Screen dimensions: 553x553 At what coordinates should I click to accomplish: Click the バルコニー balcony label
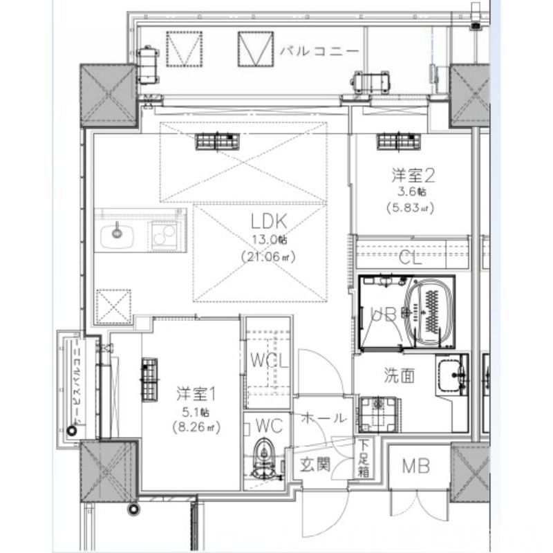tap(319, 51)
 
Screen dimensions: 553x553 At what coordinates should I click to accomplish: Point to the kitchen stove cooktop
tap(164, 236)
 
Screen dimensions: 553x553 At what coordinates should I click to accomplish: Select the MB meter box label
tap(417, 466)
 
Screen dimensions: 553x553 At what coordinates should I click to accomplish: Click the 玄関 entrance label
tap(313, 465)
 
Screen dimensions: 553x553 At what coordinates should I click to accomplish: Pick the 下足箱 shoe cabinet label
tap(364, 458)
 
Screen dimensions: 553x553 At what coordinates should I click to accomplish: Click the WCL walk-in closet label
tap(265, 361)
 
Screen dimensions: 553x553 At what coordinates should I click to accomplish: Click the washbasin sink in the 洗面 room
tap(453, 377)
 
